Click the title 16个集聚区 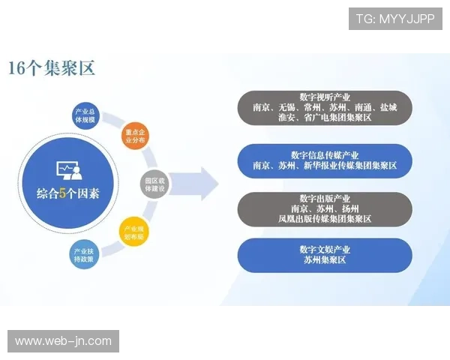click(x=52, y=68)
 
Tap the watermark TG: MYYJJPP click(x=395, y=19)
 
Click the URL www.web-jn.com click(x=63, y=341)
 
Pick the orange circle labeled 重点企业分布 click(x=135, y=135)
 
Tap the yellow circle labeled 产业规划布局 click(x=135, y=232)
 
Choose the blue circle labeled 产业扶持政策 click(x=84, y=253)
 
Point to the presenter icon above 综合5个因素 click(x=68, y=170)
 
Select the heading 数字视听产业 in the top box click(x=325, y=97)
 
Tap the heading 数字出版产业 click(x=325, y=197)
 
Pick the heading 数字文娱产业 click(x=325, y=250)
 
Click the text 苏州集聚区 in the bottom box click(x=325, y=261)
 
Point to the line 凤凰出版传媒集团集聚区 click(x=325, y=219)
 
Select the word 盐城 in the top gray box click(x=388, y=108)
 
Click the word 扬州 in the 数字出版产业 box click(x=349, y=208)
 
